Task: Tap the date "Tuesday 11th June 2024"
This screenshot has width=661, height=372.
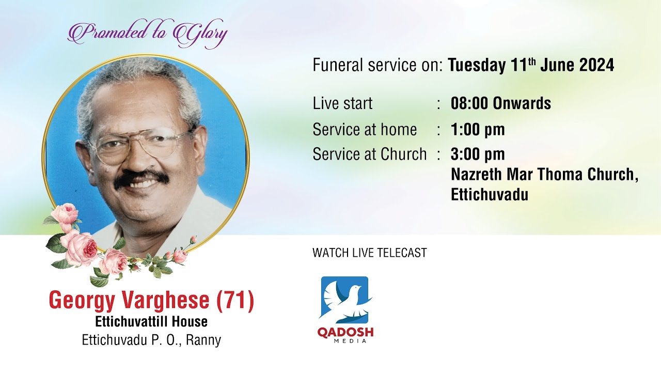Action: point(531,66)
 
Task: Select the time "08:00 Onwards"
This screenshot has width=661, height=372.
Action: point(500,103)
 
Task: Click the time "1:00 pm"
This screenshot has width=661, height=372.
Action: point(478,129)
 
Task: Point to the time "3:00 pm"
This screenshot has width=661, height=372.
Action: point(478,154)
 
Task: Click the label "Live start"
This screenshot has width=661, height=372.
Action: point(342,103)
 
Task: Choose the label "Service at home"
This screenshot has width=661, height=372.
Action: point(365,129)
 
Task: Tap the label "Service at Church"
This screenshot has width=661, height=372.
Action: point(370,154)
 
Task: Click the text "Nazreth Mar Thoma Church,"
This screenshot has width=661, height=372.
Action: point(544,174)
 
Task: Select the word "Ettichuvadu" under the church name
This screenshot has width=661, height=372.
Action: point(489,194)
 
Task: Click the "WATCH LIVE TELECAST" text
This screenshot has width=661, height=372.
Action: point(369,253)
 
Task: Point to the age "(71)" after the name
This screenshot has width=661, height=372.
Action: point(235,301)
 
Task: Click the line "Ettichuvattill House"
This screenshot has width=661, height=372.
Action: point(151,322)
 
